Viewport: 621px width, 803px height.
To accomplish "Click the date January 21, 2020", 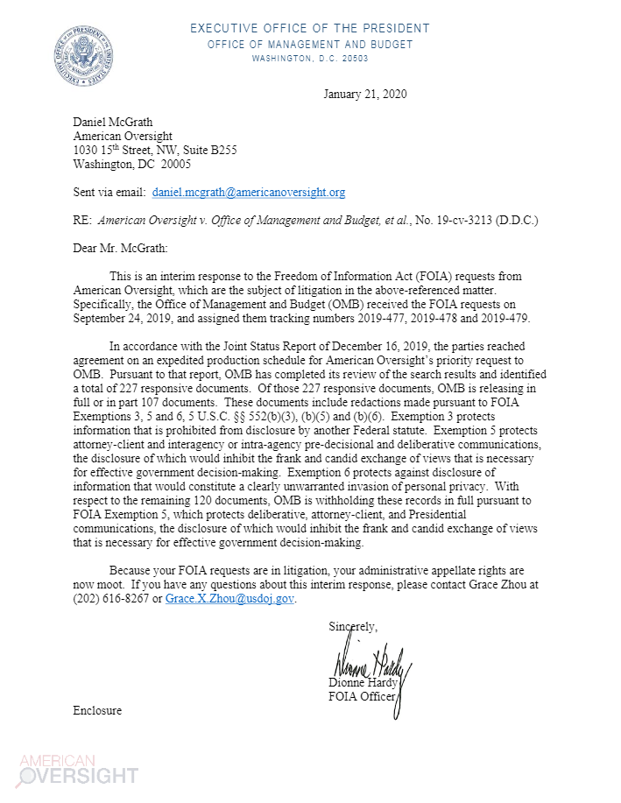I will pos(364,95).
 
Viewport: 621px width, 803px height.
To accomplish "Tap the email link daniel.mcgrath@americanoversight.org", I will pos(249,191).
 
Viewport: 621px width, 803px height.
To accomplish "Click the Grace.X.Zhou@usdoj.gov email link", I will pos(230,599).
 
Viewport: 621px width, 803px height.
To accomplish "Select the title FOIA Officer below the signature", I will pos(361,697).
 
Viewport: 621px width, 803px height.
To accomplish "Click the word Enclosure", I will pos(97,710).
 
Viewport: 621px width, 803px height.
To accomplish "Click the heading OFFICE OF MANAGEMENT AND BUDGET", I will pos(310,45).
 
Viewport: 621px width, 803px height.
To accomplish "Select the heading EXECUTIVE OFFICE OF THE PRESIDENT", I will pos(310,29).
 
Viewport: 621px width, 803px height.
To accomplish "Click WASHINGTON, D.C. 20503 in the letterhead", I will pos(310,59).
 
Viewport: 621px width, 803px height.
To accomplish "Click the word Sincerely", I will pos(352,627).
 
